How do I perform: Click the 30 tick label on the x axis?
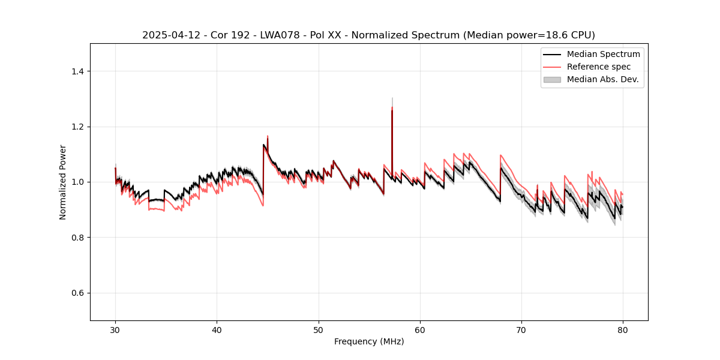point(115,330)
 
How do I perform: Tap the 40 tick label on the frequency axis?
point(217,330)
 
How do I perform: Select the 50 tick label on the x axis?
point(319,330)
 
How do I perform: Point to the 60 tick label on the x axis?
point(420,330)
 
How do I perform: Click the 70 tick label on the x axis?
point(521,330)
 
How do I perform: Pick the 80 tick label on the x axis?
point(623,330)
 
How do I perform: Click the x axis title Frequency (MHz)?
point(369,341)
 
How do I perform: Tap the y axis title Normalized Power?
point(63,182)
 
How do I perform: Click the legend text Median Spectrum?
point(603,54)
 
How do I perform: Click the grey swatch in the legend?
point(552,79)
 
